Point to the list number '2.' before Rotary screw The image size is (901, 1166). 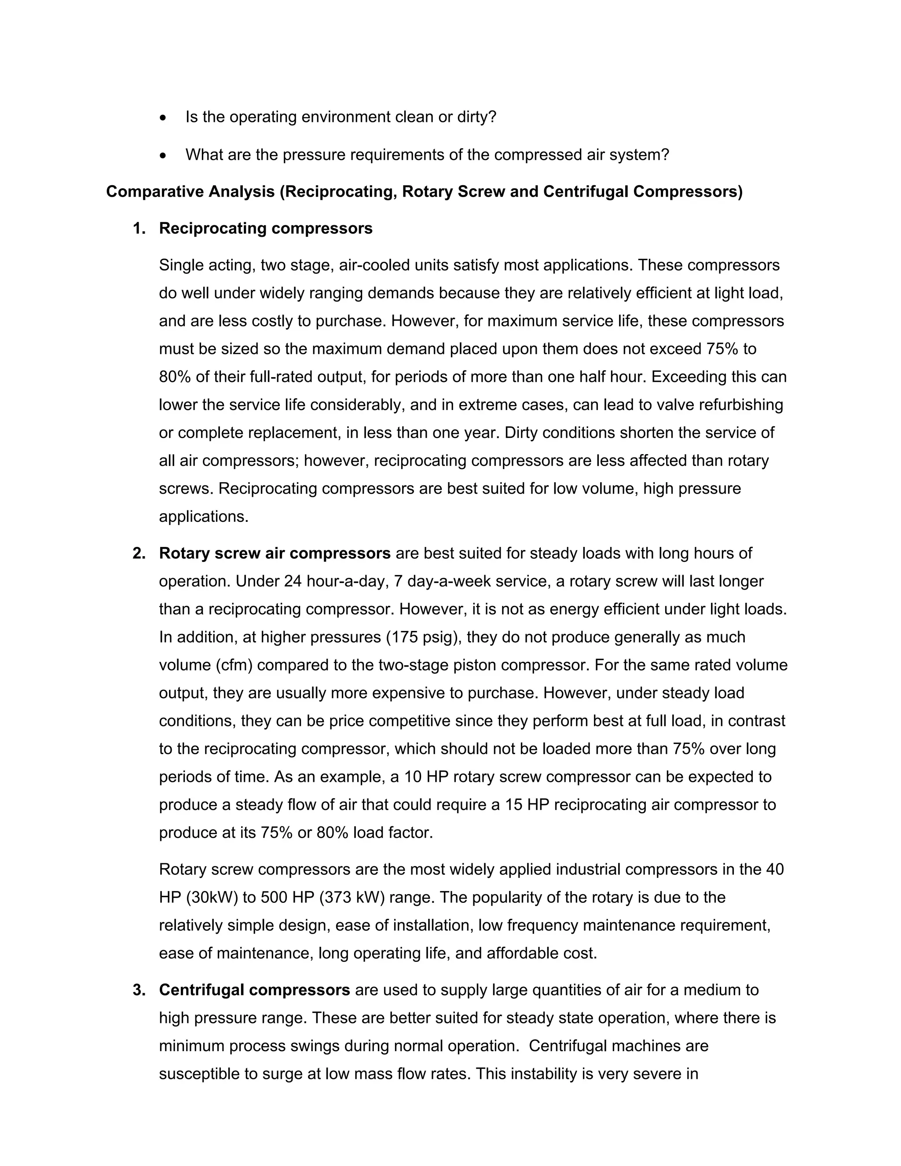[139, 554]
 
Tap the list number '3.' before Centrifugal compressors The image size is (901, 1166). [139, 990]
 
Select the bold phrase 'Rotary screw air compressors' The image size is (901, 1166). [275, 554]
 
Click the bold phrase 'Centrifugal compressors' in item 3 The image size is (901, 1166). [254, 990]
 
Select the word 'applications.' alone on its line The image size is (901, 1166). [203, 517]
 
